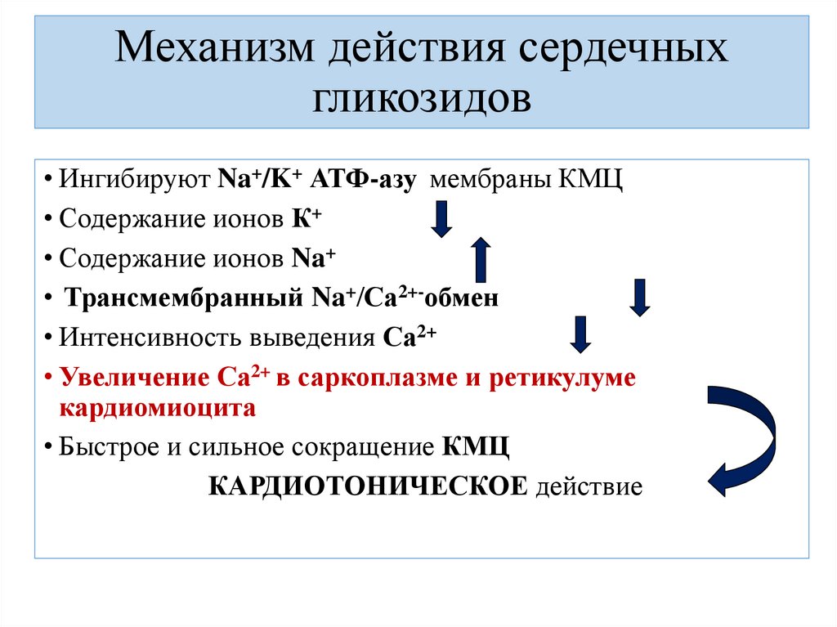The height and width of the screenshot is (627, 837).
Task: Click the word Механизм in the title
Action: (x=215, y=52)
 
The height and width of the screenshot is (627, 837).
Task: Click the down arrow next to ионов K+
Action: (x=441, y=219)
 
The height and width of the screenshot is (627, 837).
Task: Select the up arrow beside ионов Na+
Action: (x=481, y=259)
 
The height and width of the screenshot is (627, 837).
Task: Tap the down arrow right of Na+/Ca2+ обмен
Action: (x=640, y=297)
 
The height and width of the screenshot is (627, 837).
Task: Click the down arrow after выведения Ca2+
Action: (x=580, y=334)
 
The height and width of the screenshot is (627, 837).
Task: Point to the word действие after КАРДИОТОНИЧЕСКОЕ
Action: (x=589, y=487)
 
